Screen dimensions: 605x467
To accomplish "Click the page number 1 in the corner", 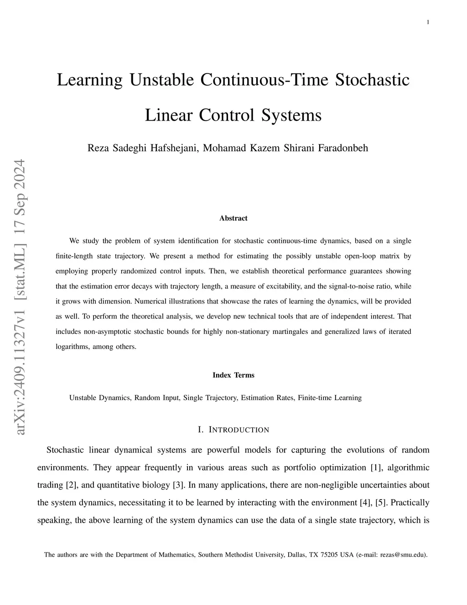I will pyautogui.click(x=428, y=22).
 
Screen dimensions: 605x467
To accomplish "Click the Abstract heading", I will pyautogui.click(x=233, y=218).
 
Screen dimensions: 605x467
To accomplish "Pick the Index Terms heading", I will pyautogui.click(x=233, y=375).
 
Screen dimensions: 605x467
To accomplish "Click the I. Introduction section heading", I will pyautogui.click(x=233, y=430).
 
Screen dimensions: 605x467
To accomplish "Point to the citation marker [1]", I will pyautogui.click(x=361, y=468).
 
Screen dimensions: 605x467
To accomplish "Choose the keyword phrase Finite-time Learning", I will pyautogui.click(x=330, y=398).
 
